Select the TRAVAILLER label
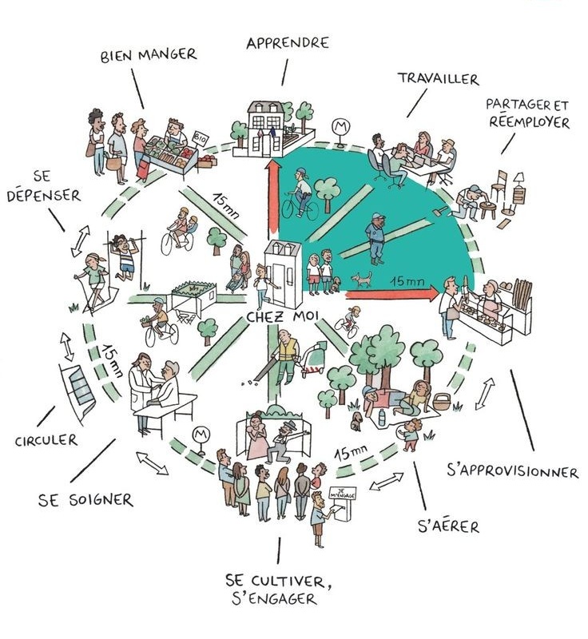coord(437,79)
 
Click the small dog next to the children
coord(364,279)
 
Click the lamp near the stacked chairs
coord(518,180)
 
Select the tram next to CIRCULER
coord(80,391)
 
